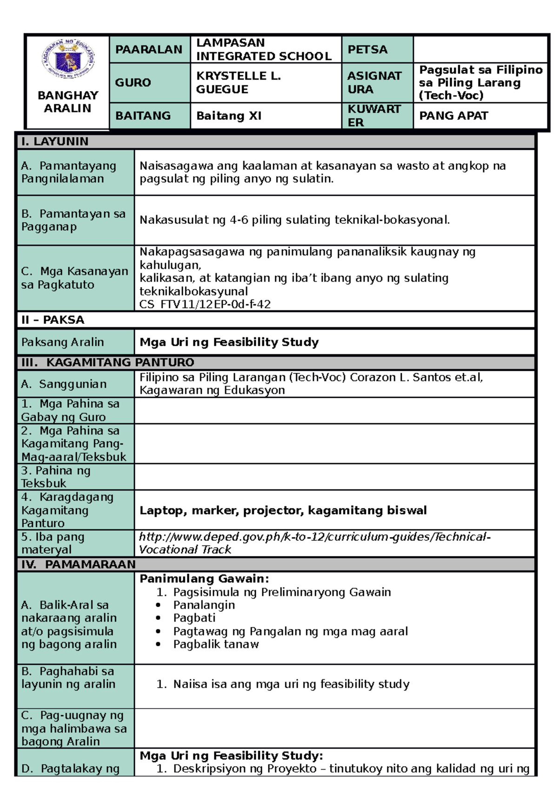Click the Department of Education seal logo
pos(68,60)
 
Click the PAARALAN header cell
pos(149,49)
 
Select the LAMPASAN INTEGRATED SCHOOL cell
pos(264,49)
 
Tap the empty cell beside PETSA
pos(480,49)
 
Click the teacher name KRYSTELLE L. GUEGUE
pos(238,82)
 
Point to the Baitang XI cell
pos(229,116)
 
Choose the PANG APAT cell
pos(453,116)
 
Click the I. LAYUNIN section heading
pos(54,141)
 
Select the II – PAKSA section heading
pos(53,320)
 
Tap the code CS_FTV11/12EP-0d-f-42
pos(205,304)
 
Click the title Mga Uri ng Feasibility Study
pos(229,342)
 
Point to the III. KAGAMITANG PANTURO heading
pos(107,362)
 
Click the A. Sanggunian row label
pos(64,384)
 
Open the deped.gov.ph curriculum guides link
pos(314,537)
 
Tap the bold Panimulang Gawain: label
pos(204,579)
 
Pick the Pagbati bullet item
pos(194,618)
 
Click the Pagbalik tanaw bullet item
pos(216,644)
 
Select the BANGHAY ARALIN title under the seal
pos(68,101)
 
